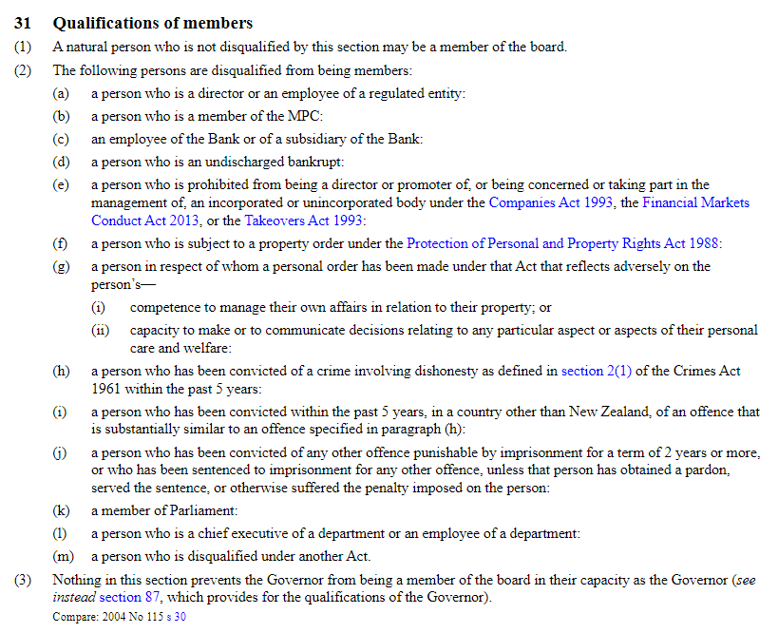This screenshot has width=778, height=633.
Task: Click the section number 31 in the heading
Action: (x=23, y=23)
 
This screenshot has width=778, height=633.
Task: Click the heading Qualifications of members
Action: (x=153, y=23)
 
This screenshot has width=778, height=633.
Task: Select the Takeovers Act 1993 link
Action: (x=303, y=221)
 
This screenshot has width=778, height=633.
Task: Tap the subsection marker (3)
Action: (x=23, y=579)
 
